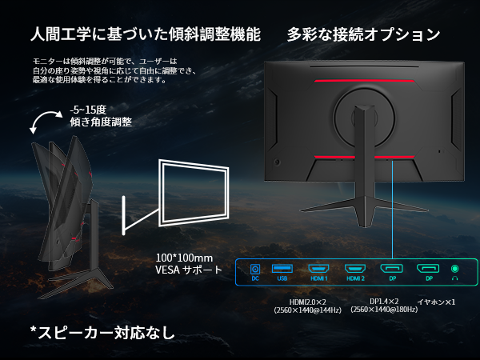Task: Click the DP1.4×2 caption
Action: click(386, 301)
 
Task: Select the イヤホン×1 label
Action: click(436, 301)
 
